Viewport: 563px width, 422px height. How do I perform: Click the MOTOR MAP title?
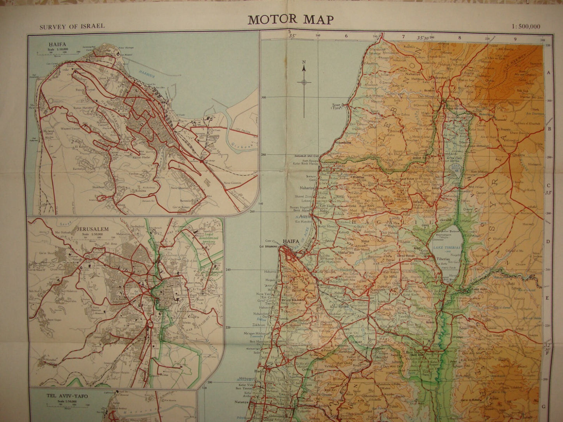point(290,19)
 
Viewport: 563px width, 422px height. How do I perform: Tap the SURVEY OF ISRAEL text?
point(72,26)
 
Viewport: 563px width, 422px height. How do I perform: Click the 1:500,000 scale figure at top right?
point(526,27)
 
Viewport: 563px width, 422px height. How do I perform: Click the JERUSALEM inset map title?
point(92,230)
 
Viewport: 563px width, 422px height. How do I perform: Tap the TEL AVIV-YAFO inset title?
point(67,396)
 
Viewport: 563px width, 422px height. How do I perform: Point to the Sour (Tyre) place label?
point(336,106)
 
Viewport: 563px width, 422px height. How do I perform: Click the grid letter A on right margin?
point(548,73)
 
